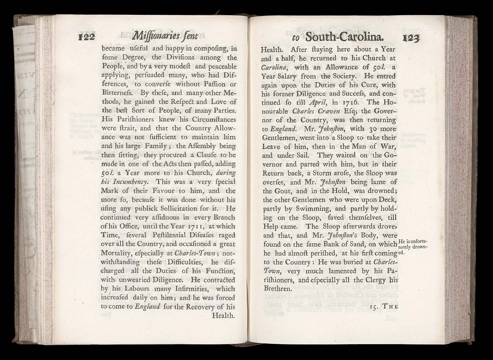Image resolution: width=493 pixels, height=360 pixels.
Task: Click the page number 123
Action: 411,38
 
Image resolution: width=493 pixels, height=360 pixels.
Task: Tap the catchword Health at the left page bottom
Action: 224,316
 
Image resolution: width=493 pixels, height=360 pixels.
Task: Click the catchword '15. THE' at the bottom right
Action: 384,307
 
